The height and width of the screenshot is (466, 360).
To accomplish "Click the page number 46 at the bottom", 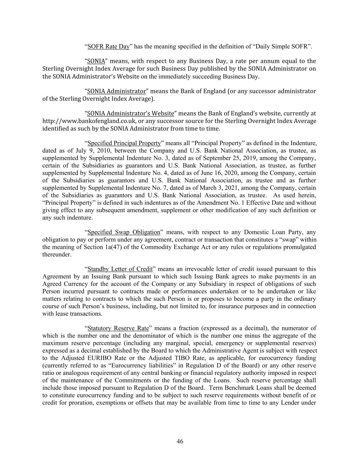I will click(x=180, y=441).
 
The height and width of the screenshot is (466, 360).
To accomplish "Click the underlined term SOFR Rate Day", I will click(x=109, y=46).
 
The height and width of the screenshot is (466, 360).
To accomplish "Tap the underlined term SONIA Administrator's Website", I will click(x=131, y=113).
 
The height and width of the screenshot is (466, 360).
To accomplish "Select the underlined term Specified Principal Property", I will click(x=124, y=143).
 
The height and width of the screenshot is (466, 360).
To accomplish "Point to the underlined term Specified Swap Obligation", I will click(x=124, y=232).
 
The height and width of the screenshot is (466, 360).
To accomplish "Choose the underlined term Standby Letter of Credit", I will click(x=120, y=269).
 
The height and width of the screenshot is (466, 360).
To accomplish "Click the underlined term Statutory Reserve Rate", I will click(x=118, y=328).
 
